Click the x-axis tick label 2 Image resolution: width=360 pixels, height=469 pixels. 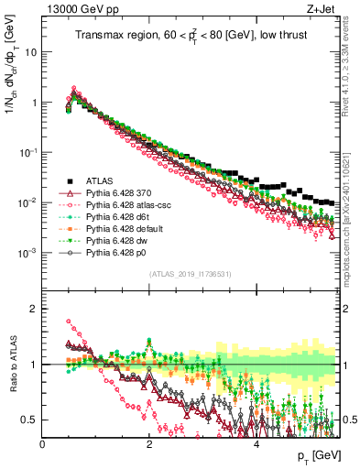149,443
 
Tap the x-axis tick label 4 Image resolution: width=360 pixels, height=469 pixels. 256,443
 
